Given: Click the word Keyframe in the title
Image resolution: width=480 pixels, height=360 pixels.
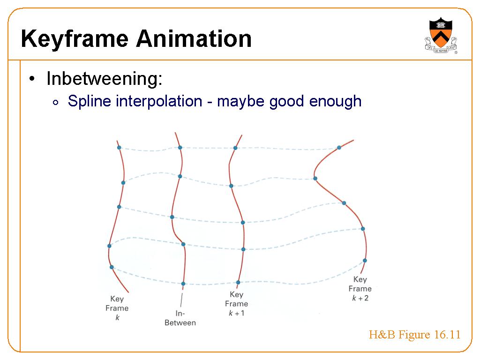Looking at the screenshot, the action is [x=75, y=39].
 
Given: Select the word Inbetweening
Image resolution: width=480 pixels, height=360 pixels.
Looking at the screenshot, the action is [x=105, y=78].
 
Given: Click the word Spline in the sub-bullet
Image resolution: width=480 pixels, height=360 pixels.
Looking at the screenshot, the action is [x=89, y=101].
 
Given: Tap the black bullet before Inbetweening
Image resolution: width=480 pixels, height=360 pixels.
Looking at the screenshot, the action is [x=32, y=79].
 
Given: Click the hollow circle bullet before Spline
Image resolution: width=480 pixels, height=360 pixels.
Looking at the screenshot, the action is [x=55, y=103].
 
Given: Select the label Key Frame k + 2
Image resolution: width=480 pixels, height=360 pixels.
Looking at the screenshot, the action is [x=360, y=289].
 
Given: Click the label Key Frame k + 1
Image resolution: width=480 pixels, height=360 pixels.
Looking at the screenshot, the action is [x=236, y=304].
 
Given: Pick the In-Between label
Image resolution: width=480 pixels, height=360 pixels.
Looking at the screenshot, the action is [x=180, y=318].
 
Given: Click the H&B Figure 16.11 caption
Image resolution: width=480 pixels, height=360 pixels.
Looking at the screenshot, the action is [x=414, y=335].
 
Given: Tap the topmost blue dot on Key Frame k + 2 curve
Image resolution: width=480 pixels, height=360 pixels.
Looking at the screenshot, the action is [x=339, y=148].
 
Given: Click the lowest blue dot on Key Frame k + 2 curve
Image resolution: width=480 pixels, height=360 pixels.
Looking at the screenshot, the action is [x=365, y=261].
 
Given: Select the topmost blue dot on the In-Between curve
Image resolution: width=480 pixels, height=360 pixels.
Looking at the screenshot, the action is [x=180, y=148].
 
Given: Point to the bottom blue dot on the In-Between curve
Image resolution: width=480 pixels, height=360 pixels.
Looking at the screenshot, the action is [x=183, y=284].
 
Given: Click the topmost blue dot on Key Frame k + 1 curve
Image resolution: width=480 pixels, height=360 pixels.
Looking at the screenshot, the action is [x=235, y=148].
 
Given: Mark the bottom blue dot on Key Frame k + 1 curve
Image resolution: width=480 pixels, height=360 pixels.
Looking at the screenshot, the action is [x=238, y=283].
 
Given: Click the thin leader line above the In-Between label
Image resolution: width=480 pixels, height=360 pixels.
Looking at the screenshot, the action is [x=181, y=300].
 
